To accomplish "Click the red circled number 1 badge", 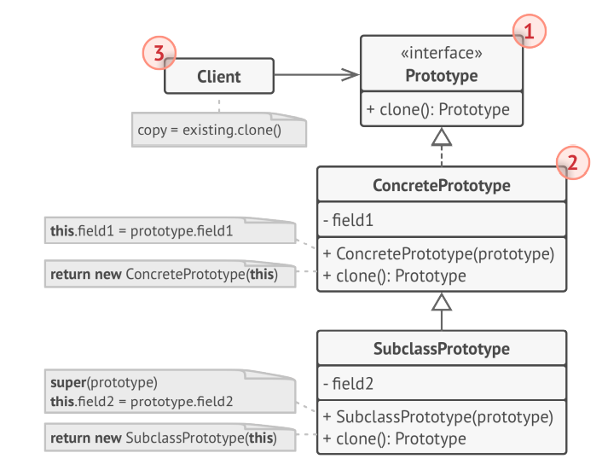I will pos(529,32).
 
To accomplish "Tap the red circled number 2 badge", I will pos(572,163).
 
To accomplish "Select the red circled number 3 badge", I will pos(158,53).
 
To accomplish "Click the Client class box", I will pos(218,76).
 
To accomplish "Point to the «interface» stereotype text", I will pos(441,53).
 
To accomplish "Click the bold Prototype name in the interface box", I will pos(441,76).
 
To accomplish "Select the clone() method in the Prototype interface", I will pos(438,109).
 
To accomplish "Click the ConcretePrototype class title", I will pos(441,185).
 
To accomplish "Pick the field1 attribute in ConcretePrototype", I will pos(350,220).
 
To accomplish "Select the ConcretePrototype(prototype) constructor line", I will pos(438,253).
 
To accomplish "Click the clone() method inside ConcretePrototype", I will pos(394,276).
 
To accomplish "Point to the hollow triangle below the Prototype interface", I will pos(441,137).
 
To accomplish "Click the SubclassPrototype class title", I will pos(441,349).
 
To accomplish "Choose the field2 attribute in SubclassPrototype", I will pos(350,384).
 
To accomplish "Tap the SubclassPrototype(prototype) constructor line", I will pos(438,417).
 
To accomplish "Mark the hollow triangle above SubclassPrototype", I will pos(441,301).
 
